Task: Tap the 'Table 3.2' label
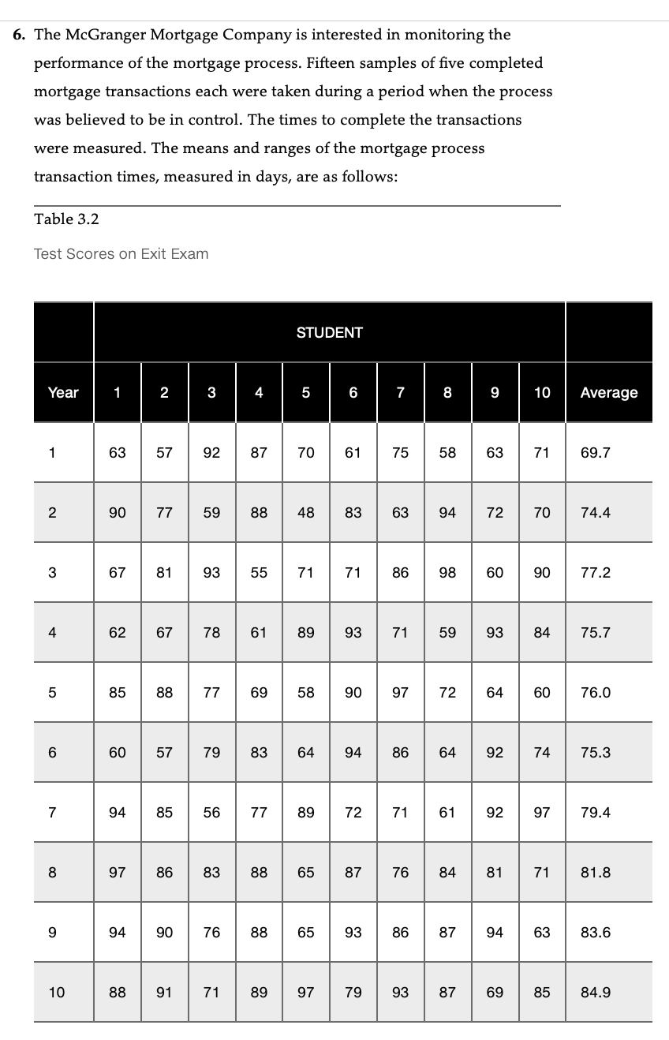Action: [66, 219]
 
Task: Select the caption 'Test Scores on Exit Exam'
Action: [121, 254]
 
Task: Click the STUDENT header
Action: [329, 333]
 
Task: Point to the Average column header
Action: [608, 393]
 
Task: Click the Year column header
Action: [63, 393]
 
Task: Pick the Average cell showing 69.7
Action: [595, 453]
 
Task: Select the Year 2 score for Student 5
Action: [306, 513]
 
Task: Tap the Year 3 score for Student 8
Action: [447, 573]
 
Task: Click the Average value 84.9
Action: [595, 993]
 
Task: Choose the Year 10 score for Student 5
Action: [306, 993]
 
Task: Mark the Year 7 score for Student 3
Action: [211, 813]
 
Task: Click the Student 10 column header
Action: [542, 393]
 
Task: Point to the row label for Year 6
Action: [52, 753]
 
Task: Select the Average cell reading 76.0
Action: [595, 693]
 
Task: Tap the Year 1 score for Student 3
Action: [211, 453]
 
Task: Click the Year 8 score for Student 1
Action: [117, 873]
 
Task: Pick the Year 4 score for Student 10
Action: [542, 633]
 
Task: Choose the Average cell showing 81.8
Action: [595, 873]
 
